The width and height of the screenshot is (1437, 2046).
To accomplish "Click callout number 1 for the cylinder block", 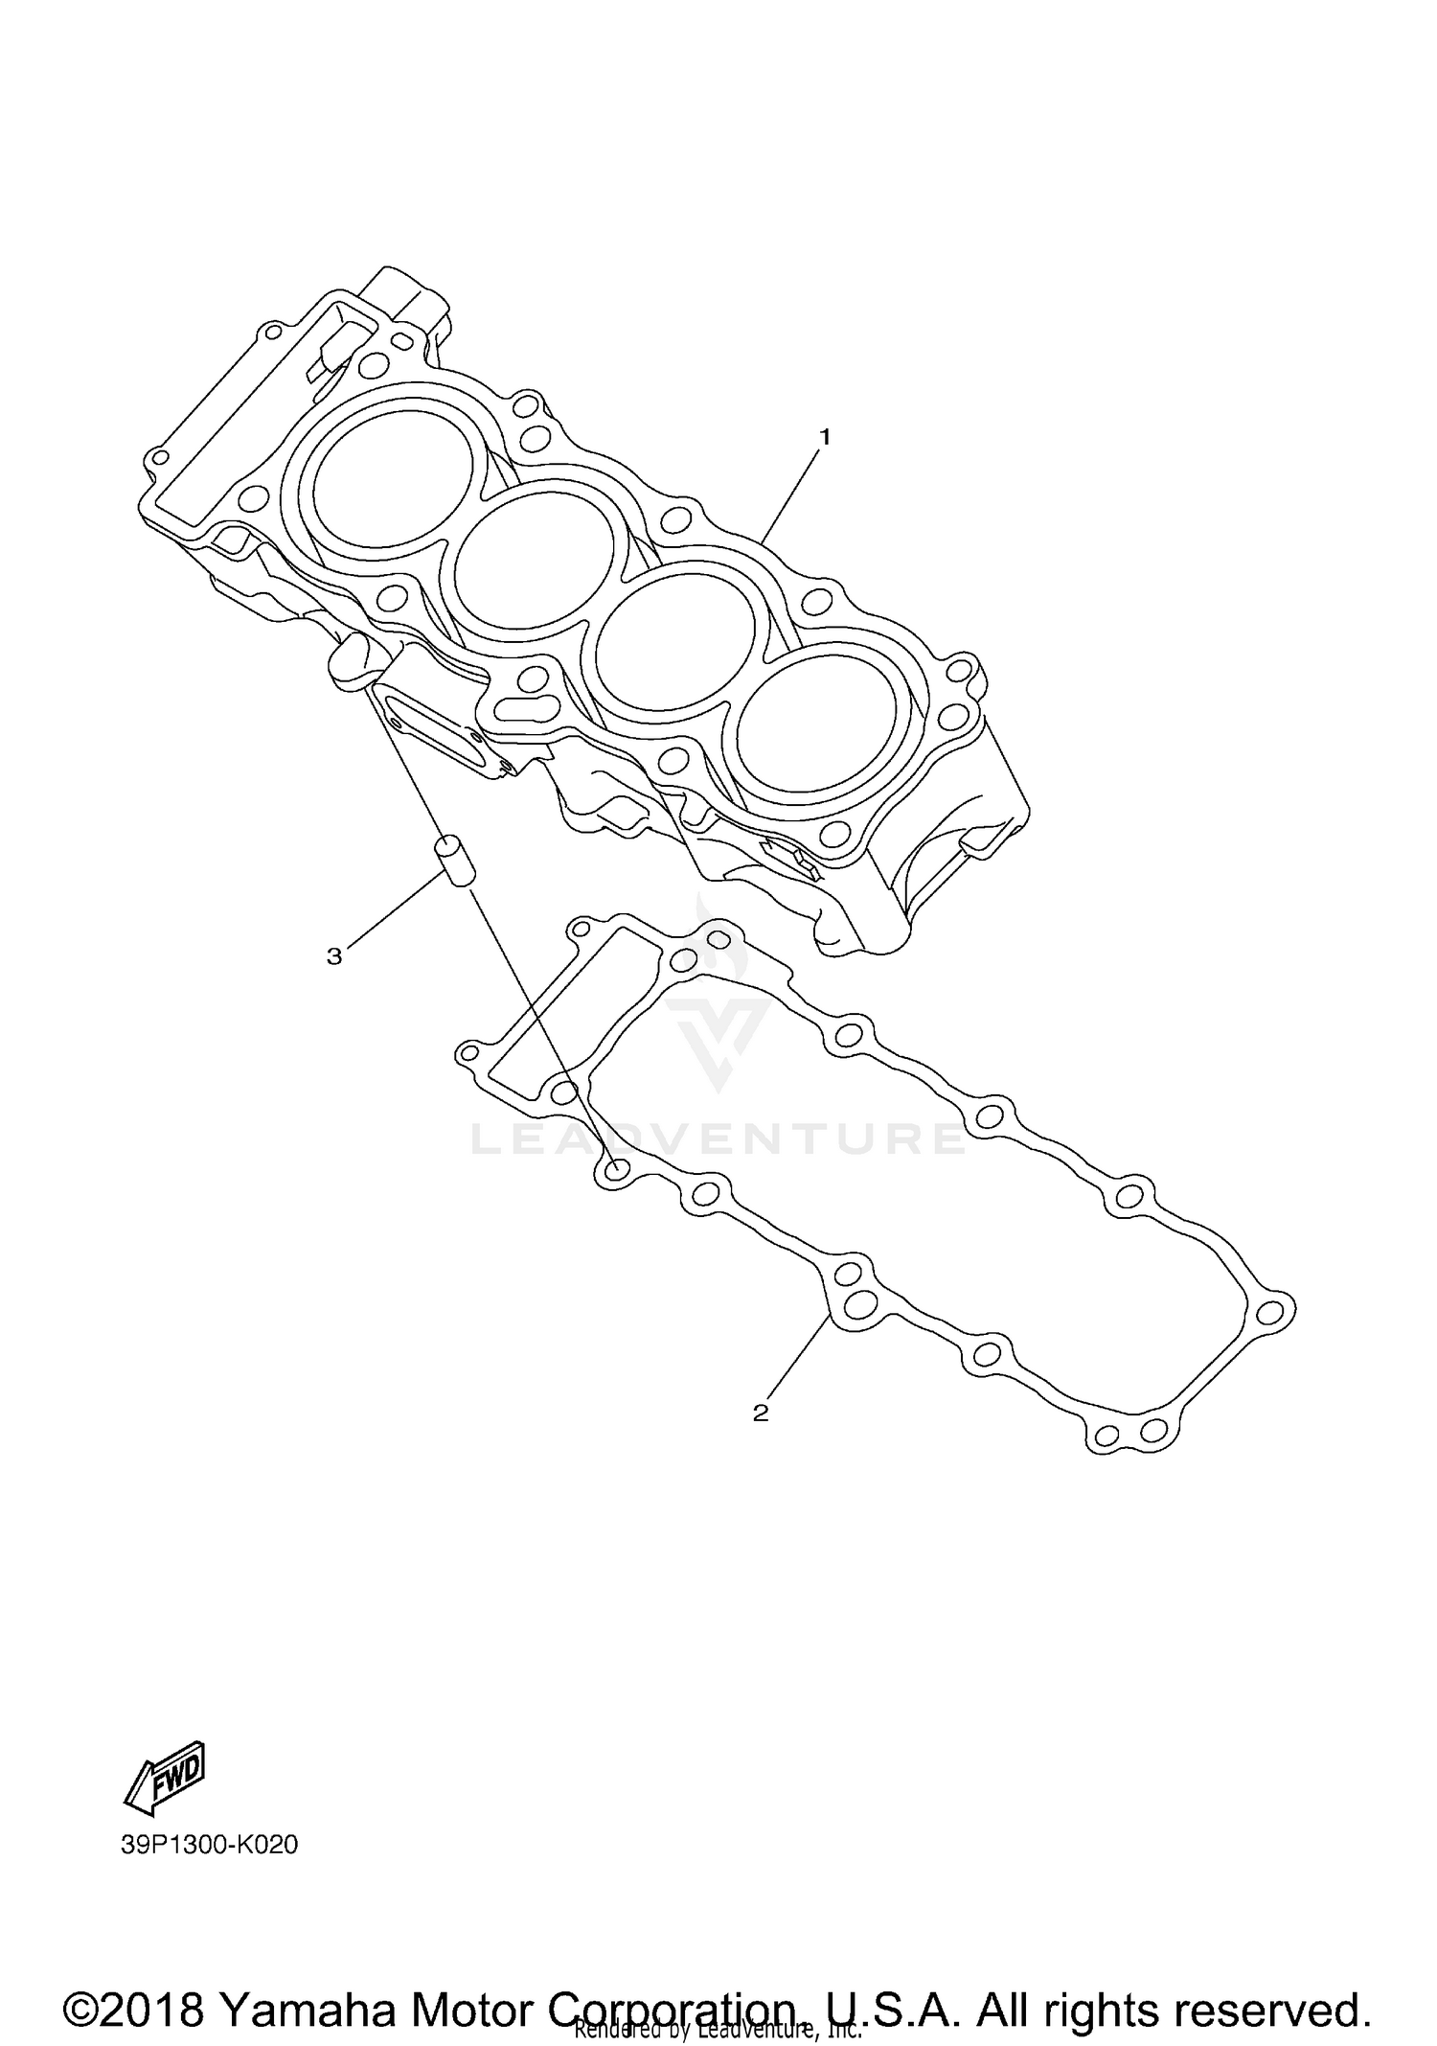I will (824, 437).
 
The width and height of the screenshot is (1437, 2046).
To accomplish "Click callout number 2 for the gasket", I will (761, 1413).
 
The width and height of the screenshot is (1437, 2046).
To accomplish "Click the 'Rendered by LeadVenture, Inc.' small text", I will (718, 2029).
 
